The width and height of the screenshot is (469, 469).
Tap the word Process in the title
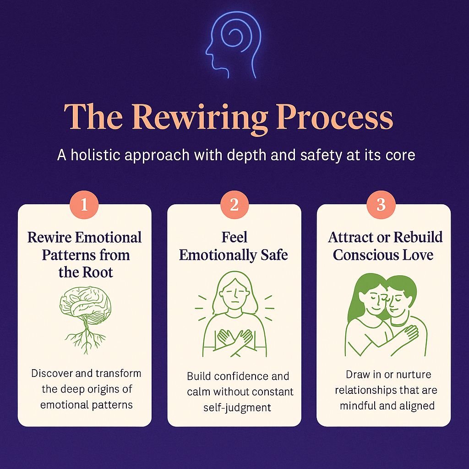tap(335, 118)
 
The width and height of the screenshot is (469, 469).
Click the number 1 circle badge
tap(84, 205)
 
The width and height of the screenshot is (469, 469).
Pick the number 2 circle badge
tap(234, 205)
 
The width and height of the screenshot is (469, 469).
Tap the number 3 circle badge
tap(381, 205)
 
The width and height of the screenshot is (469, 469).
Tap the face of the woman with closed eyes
tap(234, 292)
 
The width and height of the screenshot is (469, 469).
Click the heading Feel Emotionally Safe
tap(234, 246)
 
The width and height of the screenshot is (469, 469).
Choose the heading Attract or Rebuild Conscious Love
tap(385, 246)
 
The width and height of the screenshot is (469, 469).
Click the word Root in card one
tap(99, 272)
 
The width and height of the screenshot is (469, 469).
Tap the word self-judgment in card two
tap(237, 407)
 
